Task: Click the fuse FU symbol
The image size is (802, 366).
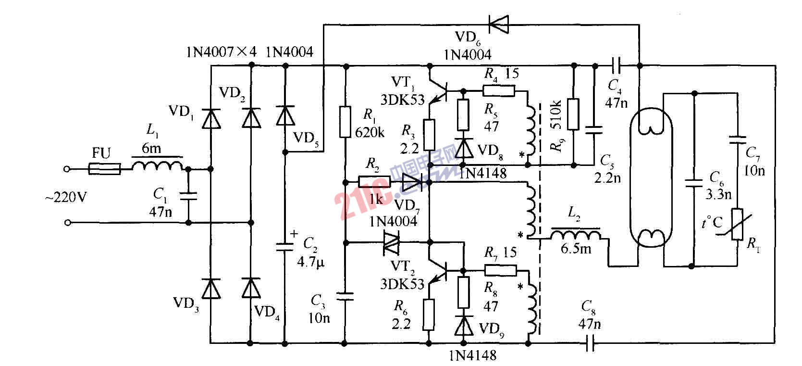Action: (105, 169)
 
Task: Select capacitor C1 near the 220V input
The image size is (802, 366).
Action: (187, 196)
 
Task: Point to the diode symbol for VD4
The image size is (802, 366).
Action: (250, 288)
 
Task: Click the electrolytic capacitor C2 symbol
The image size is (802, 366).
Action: (285, 247)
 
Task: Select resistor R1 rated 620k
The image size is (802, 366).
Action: (345, 122)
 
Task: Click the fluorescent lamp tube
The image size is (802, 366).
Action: (651, 180)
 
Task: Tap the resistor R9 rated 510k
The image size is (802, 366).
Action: (573, 114)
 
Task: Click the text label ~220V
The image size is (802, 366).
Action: (68, 197)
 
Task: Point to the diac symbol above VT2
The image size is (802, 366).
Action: (391, 243)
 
